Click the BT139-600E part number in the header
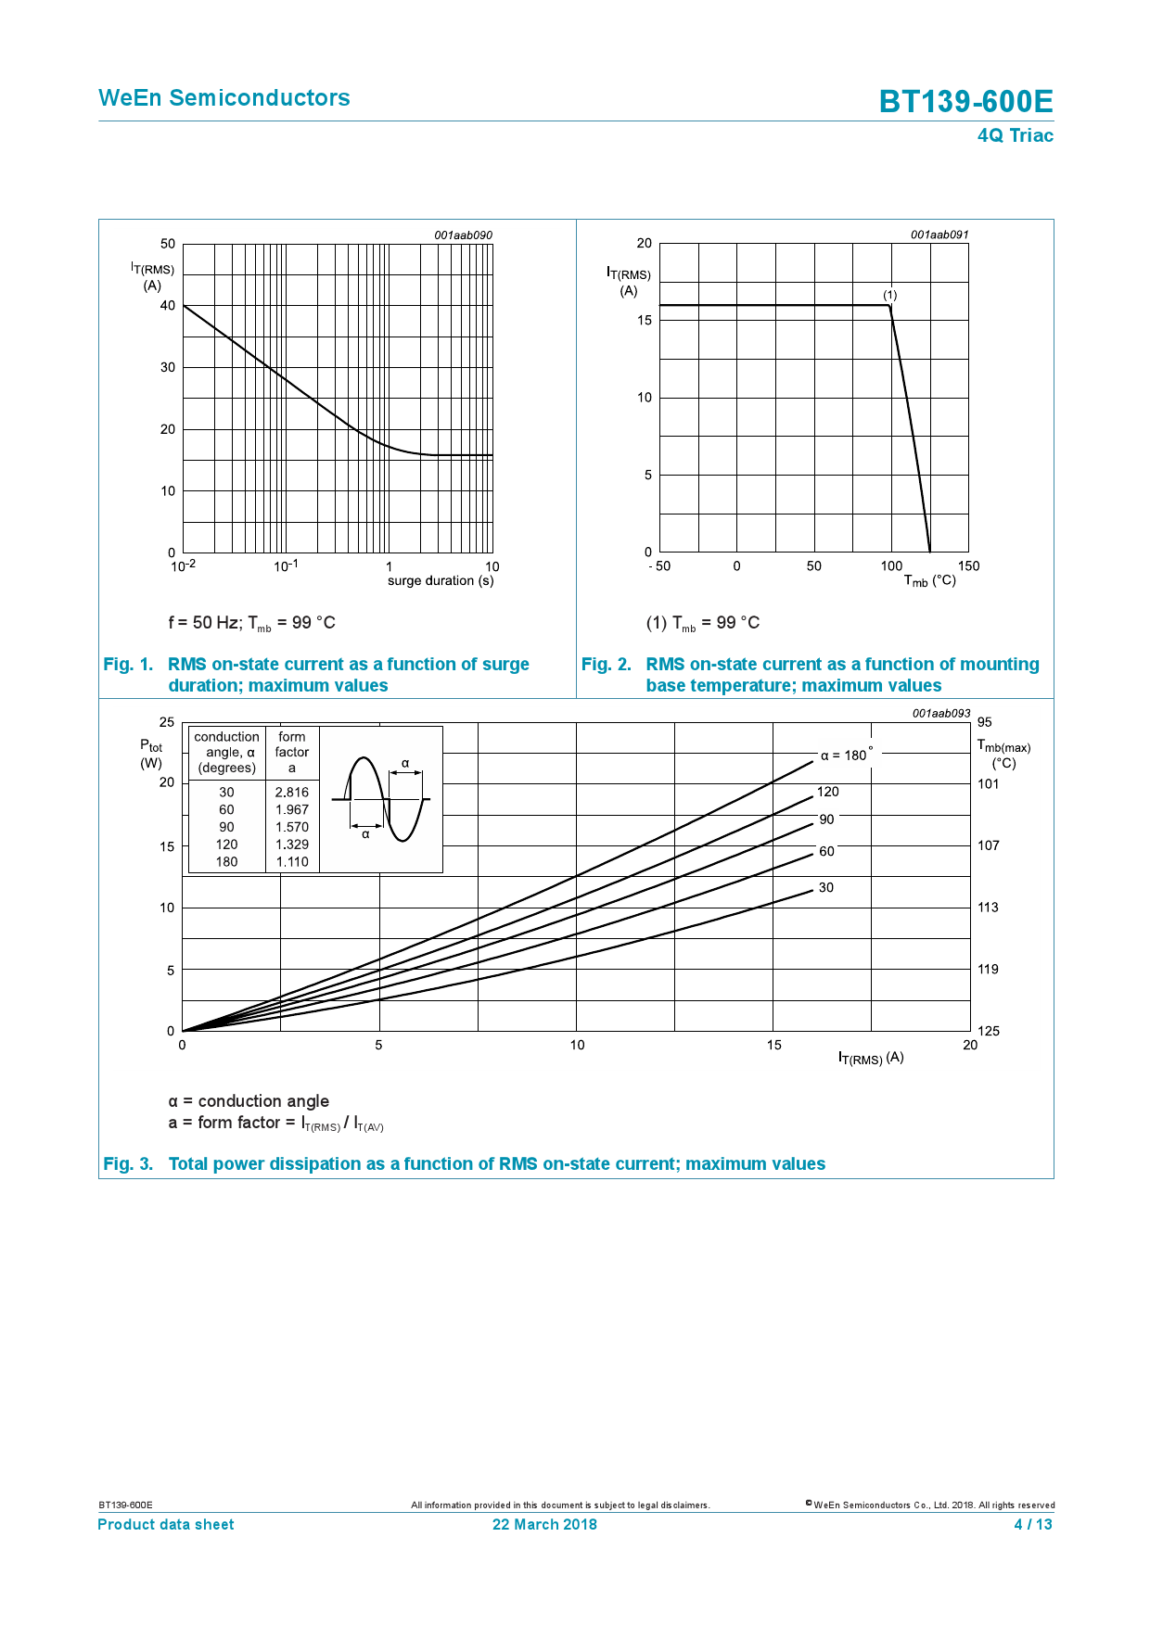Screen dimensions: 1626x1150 (x=965, y=101)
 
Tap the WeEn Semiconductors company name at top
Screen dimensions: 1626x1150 (x=224, y=98)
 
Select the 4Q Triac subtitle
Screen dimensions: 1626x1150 (x=1015, y=135)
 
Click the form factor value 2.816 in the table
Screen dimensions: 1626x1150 (x=291, y=793)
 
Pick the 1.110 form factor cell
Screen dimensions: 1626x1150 (x=291, y=862)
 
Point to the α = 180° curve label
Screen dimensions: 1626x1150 (x=846, y=755)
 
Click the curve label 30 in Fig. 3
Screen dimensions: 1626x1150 (x=825, y=888)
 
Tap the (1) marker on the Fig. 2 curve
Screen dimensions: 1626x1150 (x=889, y=295)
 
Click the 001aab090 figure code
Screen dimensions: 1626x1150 (x=463, y=235)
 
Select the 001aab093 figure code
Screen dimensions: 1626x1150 (x=940, y=714)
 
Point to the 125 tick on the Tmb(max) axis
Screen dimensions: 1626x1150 (x=988, y=1031)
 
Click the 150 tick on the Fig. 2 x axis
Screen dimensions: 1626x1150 (x=968, y=566)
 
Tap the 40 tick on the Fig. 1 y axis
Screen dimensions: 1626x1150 (x=168, y=305)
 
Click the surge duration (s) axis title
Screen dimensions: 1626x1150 (x=441, y=581)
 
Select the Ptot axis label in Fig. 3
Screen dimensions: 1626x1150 (x=151, y=746)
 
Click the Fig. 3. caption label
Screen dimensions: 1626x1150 (x=128, y=1164)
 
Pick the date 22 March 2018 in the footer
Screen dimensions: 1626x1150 (x=544, y=1525)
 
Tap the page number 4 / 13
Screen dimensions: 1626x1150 (x=1033, y=1525)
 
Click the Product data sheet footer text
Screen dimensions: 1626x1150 (x=166, y=1525)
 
